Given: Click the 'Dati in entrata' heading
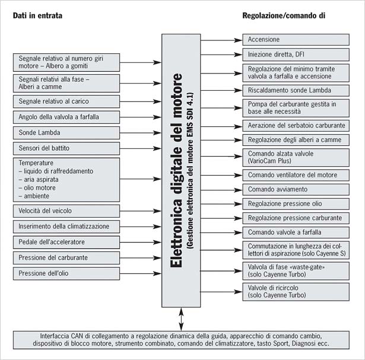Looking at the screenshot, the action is [37, 15].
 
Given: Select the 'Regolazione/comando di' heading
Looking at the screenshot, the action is [284, 15].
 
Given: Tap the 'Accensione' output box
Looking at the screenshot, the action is [296, 40].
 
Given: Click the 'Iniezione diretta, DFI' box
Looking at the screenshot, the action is [296, 55].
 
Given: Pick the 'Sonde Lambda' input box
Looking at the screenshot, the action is [66, 133].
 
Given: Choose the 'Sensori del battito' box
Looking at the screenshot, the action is [66, 148].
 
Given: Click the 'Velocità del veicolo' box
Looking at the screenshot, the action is [66, 211].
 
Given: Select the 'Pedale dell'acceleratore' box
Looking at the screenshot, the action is [66, 242].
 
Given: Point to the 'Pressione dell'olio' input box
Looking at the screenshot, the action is [66, 273].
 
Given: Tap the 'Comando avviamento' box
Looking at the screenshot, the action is [296, 190].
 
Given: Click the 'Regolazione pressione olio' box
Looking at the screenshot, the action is [296, 204].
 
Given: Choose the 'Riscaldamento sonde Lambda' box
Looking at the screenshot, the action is [296, 91].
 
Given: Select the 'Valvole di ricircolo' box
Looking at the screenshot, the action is [296, 292].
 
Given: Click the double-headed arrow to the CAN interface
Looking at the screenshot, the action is [181, 319].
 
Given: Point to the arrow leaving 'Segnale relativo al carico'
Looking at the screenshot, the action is [141, 101].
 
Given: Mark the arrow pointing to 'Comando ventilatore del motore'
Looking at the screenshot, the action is [221, 175].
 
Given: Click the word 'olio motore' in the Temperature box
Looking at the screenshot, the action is [40, 187].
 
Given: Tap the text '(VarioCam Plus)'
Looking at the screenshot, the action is [269, 161].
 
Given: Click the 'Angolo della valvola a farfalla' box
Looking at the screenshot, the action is [66, 117].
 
